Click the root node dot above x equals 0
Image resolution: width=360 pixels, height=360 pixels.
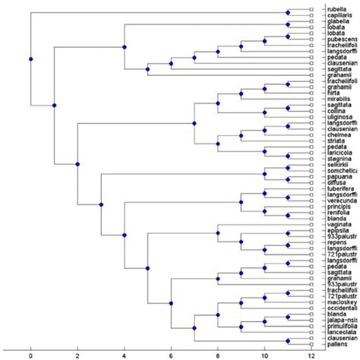(x=31, y=58)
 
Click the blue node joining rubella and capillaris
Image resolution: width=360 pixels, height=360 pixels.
(x=289, y=13)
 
